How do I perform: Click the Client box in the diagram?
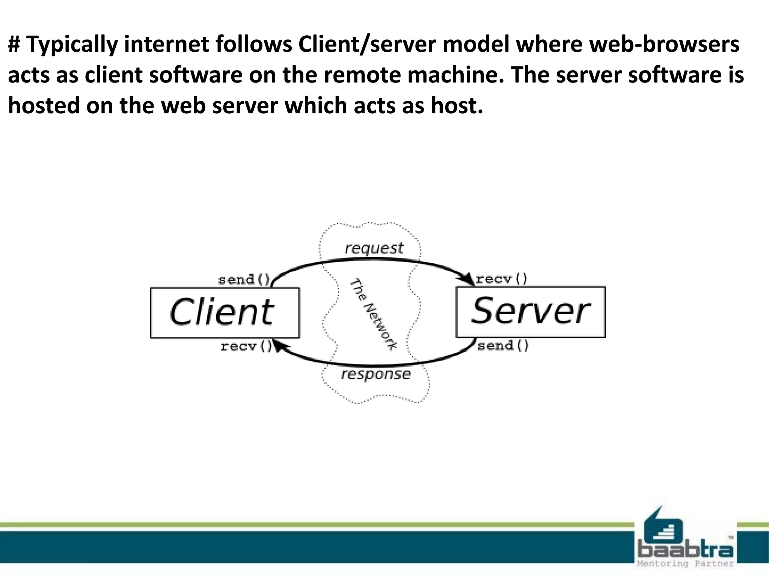click(x=225, y=313)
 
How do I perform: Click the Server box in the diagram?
click(x=530, y=312)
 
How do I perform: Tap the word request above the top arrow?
click(x=374, y=248)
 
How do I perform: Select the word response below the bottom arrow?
click(x=376, y=374)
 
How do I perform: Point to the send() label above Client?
click(x=244, y=279)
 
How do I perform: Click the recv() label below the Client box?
click(x=246, y=346)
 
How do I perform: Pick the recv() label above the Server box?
click(x=502, y=279)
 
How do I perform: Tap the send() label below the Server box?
click(x=503, y=345)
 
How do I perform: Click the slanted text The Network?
click(x=373, y=314)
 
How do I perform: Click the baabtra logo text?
click(x=686, y=550)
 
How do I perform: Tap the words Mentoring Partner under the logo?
click(x=685, y=564)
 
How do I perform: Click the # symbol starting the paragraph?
click(x=14, y=44)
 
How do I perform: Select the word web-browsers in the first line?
click(x=665, y=44)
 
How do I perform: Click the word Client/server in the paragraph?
click(x=367, y=44)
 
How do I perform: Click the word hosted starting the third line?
click(x=44, y=105)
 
